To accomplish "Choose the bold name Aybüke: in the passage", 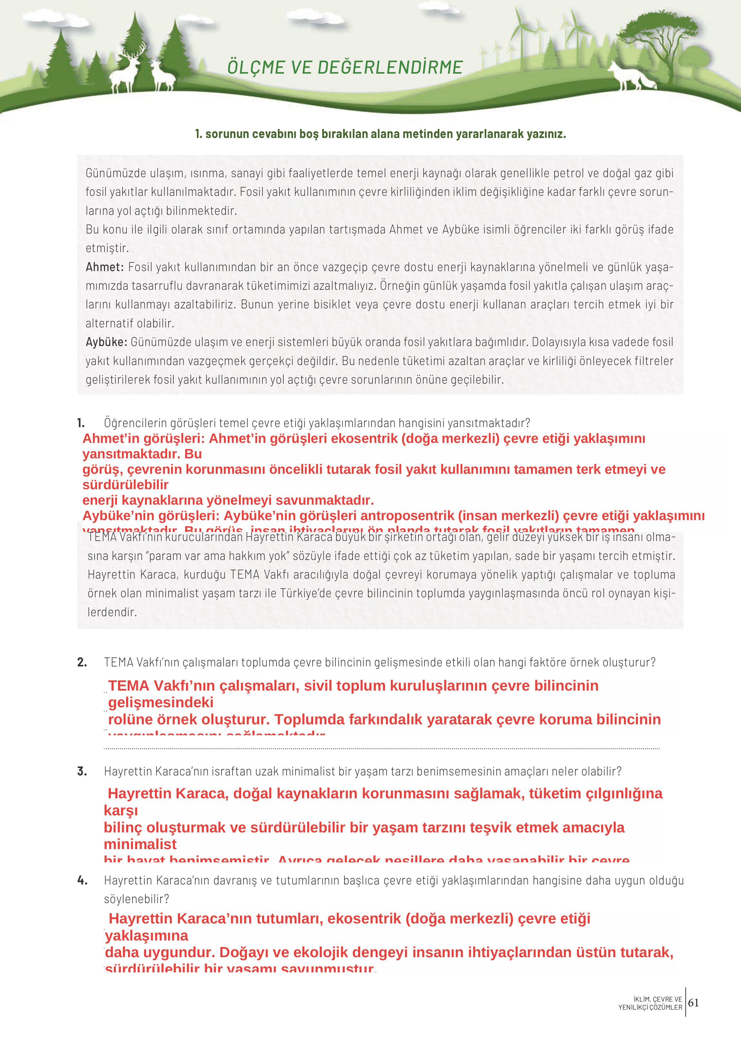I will pos(106,342).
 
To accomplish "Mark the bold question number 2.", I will pos(82,662).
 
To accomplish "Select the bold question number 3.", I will pos(82,771).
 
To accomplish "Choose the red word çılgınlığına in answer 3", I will pos(623,793).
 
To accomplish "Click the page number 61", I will pos(693,1003).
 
